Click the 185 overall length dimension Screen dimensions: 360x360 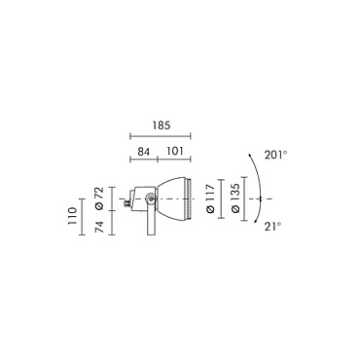[162, 126]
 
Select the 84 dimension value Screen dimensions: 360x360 [143, 151]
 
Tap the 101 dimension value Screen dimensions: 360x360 [175, 151]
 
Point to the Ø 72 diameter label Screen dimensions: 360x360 [99, 198]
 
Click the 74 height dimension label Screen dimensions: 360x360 [99, 227]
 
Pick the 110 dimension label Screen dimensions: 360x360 [72, 216]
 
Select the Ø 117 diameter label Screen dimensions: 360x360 [210, 198]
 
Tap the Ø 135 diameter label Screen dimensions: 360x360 [235, 198]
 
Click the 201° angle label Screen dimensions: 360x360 [275, 155]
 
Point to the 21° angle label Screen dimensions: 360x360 [272, 227]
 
